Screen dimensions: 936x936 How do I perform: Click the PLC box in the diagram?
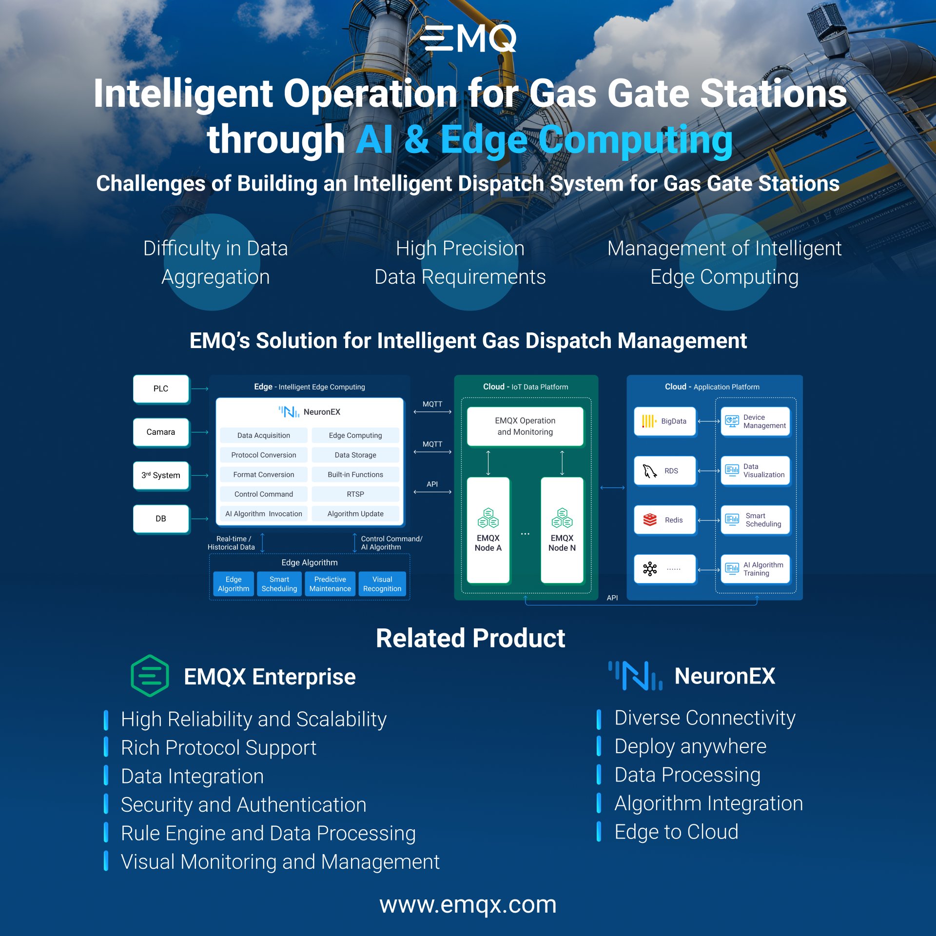pos(161,389)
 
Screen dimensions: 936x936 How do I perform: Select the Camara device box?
pos(161,432)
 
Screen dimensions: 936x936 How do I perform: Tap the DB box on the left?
pos(161,519)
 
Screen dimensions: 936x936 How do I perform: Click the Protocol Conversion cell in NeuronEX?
pos(264,455)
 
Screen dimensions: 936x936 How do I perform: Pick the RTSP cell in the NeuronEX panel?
pos(355,494)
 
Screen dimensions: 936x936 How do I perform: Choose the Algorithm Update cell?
pos(355,513)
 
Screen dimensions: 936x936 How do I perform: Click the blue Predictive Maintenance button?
pos(330,584)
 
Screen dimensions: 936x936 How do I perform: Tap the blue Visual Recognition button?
pos(382,584)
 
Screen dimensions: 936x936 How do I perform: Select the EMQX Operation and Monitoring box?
pos(525,426)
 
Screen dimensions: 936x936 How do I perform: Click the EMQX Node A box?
pos(488,530)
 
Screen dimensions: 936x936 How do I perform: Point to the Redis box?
pos(665,520)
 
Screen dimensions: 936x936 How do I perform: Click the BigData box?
pos(665,421)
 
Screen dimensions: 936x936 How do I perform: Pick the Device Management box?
pos(755,421)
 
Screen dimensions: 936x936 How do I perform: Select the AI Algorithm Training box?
pos(755,569)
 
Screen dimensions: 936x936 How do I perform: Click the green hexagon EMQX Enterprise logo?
pos(150,676)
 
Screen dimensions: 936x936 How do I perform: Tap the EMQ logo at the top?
pos(468,39)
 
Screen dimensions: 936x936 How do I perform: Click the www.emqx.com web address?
pos(468,905)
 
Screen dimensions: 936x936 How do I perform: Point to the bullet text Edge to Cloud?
pos(676,832)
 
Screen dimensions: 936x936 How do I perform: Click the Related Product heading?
pos(470,638)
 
